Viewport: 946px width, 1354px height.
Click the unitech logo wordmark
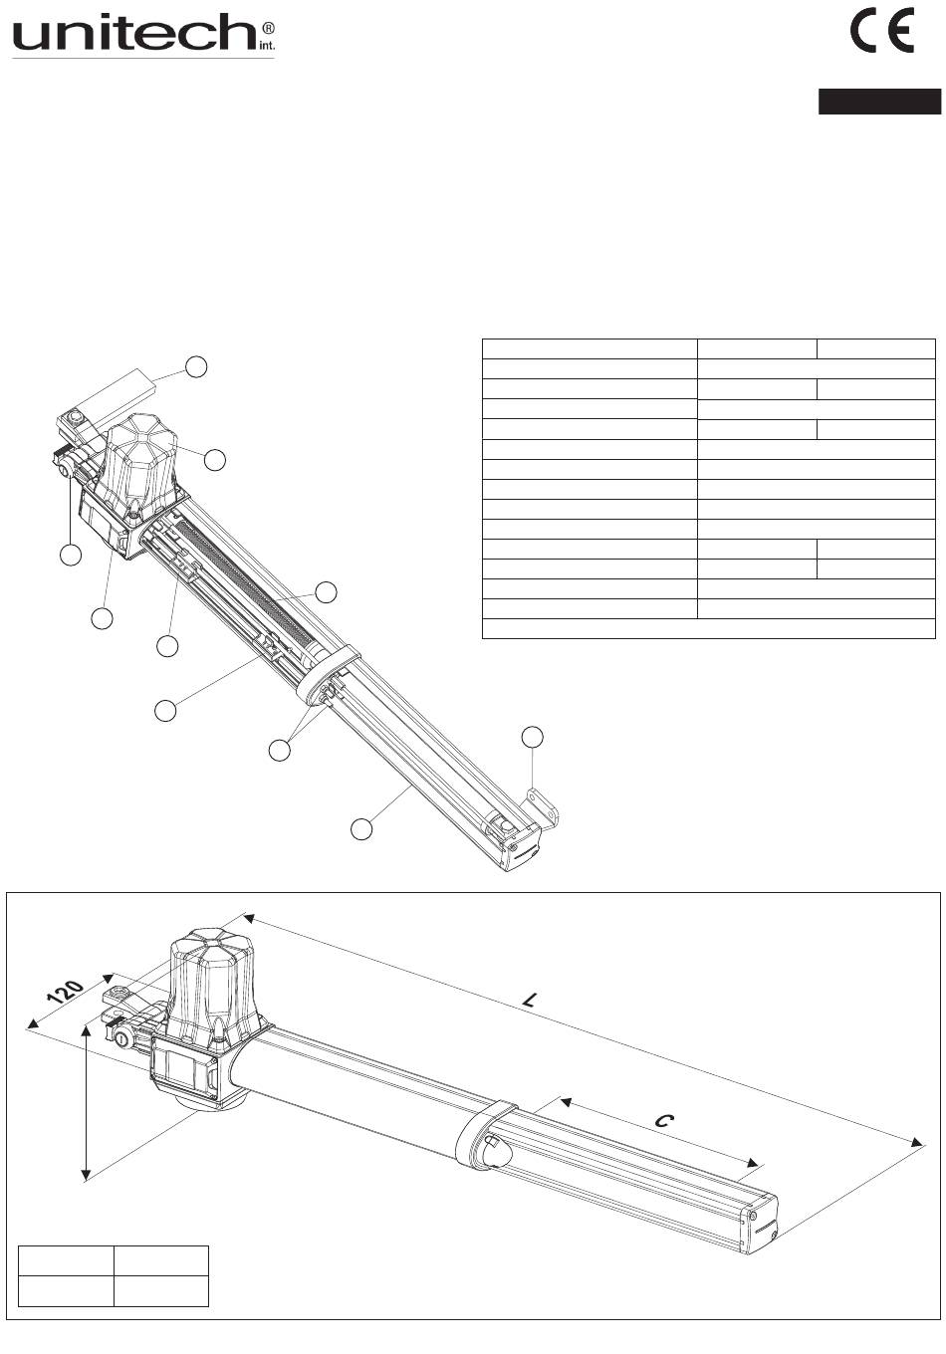(133, 33)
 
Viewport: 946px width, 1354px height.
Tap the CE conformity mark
(882, 32)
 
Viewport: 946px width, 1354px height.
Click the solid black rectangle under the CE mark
(879, 101)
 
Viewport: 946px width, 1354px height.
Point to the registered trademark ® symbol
(269, 28)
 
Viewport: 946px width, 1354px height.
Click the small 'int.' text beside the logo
(267, 46)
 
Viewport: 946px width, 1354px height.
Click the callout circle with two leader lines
(279, 750)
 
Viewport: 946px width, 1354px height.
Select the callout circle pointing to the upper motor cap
(214, 460)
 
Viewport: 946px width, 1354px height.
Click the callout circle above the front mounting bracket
(532, 737)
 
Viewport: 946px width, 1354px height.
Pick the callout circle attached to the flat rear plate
(196, 367)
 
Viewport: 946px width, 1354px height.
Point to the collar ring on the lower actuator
(484, 1135)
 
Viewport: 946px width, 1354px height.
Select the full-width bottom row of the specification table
(708, 628)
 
